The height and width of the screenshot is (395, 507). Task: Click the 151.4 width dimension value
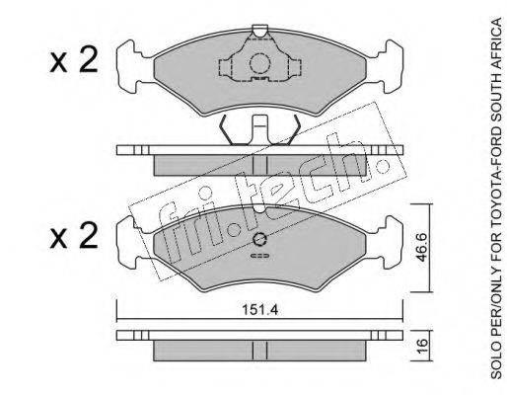[x=259, y=310]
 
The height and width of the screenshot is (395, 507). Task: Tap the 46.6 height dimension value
[x=422, y=247]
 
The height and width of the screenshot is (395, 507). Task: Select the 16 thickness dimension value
[x=422, y=346]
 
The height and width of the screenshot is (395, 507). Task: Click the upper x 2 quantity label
[x=74, y=59]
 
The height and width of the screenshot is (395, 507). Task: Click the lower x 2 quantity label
[x=74, y=235]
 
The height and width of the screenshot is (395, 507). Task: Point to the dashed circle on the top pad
[x=259, y=63]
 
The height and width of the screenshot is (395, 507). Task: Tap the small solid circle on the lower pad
[x=259, y=239]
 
